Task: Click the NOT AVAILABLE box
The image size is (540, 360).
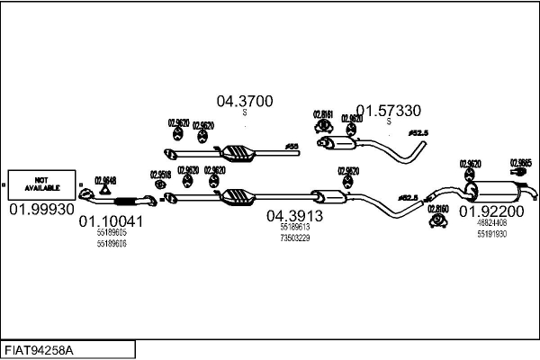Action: pyautogui.click(x=41, y=184)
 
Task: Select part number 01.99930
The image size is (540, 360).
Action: pyautogui.click(x=41, y=209)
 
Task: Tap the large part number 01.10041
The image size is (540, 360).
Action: pyautogui.click(x=111, y=220)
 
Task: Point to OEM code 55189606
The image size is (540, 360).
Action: pyautogui.click(x=111, y=243)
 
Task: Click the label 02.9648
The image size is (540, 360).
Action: pyautogui.click(x=105, y=180)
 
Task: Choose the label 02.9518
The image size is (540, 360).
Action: pyautogui.click(x=160, y=175)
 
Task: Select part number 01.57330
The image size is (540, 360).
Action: pyautogui.click(x=388, y=111)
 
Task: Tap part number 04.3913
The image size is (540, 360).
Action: pyautogui.click(x=294, y=216)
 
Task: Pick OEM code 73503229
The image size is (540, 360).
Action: pyautogui.click(x=294, y=238)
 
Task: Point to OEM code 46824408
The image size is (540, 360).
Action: pyautogui.click(x=492, y=223)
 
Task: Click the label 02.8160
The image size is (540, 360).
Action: pyautogui.click(x=438, y=209)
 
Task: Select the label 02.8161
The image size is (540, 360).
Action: pyautogui.click(x=323, y=114)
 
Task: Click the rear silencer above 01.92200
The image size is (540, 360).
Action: pyautogui.click(x=497, y=192)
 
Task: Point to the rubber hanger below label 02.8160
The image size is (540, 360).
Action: pyautogui.click(x=438, y=220)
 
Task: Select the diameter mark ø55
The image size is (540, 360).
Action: pyautogui.click(x=291, y=145)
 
